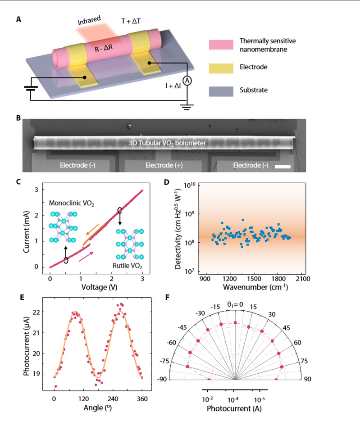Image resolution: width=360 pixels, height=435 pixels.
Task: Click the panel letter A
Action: click(x=18, y=19)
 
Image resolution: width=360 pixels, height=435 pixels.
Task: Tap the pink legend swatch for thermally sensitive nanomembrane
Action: click(x=221, y=45)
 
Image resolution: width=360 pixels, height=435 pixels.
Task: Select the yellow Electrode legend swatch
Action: click(x=221, y=68)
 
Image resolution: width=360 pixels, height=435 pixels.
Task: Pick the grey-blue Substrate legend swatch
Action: click(x=221, y=91)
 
